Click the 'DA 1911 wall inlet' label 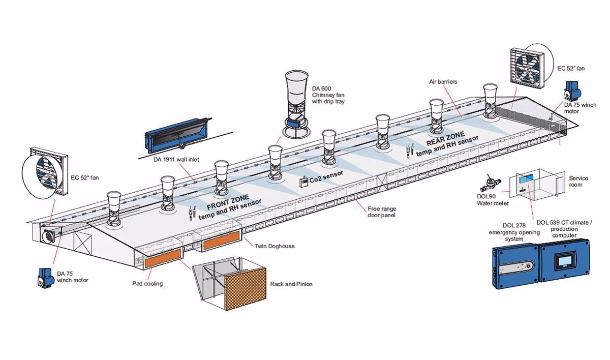coord(176,160)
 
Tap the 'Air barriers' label coord(443,81)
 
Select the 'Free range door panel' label coord(382,212)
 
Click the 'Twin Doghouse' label coord(274,246)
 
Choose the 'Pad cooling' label coord(147,283)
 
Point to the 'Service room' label coord(578,182)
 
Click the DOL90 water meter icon coord(491,182)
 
